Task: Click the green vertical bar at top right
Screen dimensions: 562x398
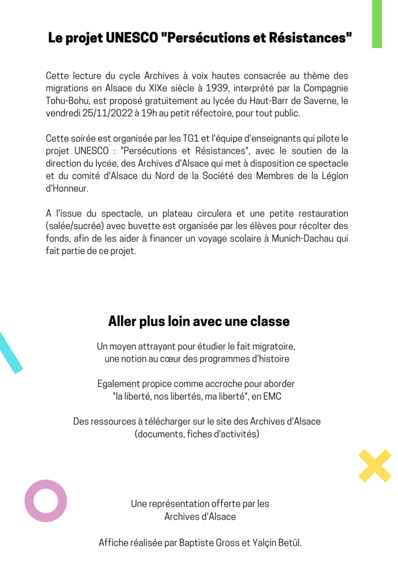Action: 377,24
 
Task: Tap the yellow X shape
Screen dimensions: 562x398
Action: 375,465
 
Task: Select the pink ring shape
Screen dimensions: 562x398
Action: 46,501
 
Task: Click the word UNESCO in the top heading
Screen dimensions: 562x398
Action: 131,38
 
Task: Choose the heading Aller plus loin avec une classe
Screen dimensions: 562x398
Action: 199,321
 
